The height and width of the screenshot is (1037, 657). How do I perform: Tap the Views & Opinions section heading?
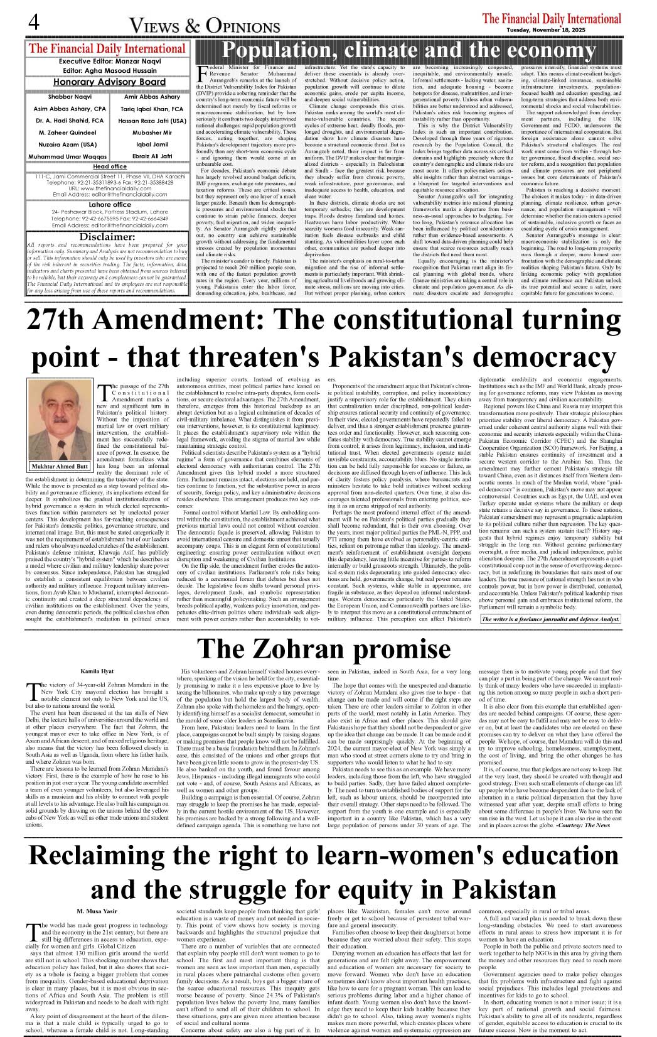pos(205,26)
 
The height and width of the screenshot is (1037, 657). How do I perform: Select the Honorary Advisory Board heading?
pos(109,82)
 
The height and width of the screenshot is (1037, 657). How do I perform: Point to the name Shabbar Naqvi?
pos(70,97)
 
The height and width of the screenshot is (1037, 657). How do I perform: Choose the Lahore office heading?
pos(110,205)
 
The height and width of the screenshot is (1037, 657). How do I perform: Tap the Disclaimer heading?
pos(107,236)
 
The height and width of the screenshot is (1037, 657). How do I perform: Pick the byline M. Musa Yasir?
pos(97,911)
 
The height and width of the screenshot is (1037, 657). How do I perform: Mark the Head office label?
pos(110,166)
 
